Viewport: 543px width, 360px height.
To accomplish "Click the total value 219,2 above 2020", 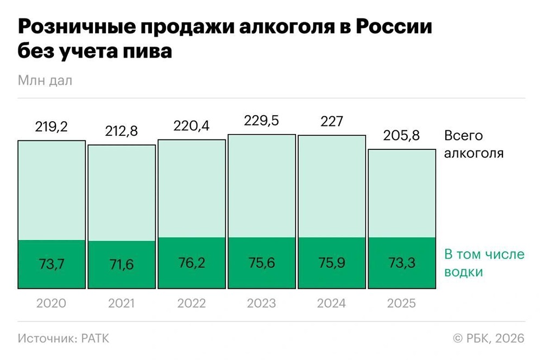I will tap(52, 127).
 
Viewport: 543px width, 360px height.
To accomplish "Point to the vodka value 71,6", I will tap(122, 265).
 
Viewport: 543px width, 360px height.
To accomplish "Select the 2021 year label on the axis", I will tap(122, 303).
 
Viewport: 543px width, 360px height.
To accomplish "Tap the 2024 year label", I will tap(332, 303).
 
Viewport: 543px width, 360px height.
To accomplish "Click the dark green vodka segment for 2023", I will tap(262, 277).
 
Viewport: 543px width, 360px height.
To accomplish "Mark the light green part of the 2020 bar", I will tap(52, 190).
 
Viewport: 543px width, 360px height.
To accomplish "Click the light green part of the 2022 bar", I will tap(192, 190).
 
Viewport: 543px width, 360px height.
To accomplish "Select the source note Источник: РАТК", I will tap(63, 338).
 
